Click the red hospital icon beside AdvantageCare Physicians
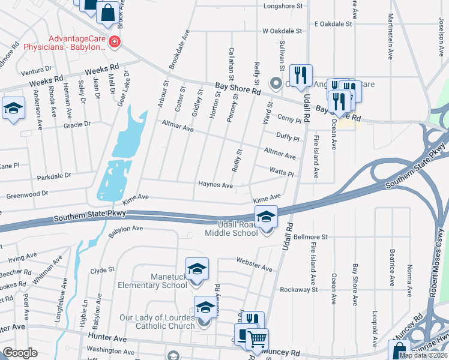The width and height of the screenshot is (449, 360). pos(113,42)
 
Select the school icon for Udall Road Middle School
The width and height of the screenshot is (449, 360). pos(266,217)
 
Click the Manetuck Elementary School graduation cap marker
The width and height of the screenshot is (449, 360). pos(196,271)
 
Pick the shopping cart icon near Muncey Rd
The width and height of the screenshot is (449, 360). pos(258,338)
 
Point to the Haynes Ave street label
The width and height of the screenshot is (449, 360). pos(215,185)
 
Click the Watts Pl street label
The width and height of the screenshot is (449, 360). pos(281,173)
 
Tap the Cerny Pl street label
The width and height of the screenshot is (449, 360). pos(288,119)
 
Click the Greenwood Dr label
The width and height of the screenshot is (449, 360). pos(26,195)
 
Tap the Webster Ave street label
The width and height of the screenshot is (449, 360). pos(255,263)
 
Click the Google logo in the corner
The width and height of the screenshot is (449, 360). pos(20,353)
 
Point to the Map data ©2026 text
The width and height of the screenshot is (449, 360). pos(423,355)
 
